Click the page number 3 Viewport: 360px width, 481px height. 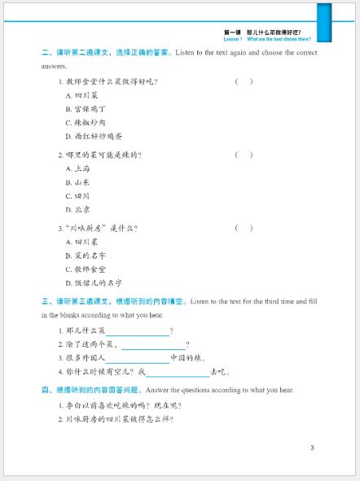tap(312, 448)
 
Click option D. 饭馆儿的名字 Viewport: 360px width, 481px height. tap(93, 282)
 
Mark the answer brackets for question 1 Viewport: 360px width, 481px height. tap(244, 81)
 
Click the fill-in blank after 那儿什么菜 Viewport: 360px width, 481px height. tap(137, 331)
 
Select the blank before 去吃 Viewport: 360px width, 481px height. tap(178, 372)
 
